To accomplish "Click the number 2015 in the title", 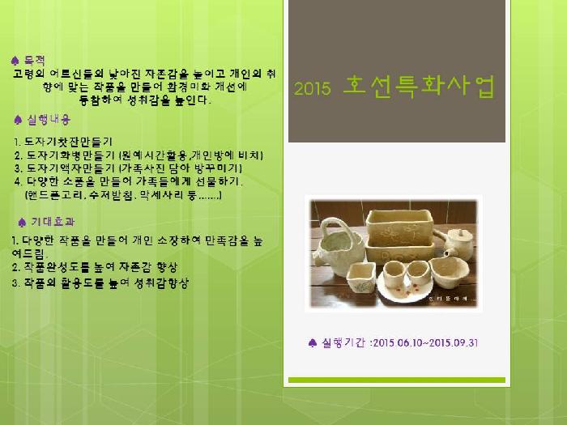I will point(313,90).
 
